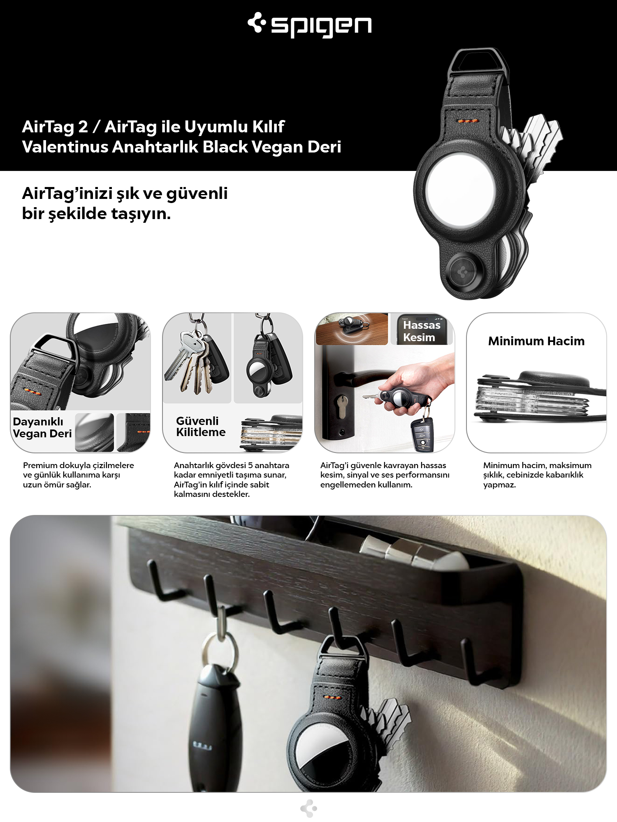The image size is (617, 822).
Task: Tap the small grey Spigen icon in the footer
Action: coord(309,808)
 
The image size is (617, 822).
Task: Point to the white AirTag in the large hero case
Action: coord(460,190)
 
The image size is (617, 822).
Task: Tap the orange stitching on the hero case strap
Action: coord(468,121)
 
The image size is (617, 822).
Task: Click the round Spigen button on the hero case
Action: coord(463,272)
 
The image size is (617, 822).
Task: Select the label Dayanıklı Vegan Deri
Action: coord(42,427)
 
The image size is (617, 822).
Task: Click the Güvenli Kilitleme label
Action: coord(201,427)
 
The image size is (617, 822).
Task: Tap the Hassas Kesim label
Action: coord(422,331)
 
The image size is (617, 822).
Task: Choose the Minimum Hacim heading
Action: coord(536,341)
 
